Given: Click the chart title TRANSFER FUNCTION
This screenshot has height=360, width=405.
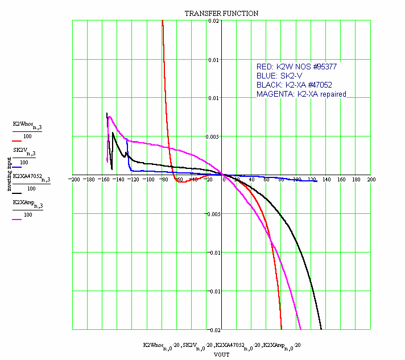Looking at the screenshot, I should click(x=221, y=13).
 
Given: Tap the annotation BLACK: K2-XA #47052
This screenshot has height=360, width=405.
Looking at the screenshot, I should click(x=294, y=85).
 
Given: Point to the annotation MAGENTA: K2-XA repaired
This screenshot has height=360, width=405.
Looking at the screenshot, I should click(x=301, y=94).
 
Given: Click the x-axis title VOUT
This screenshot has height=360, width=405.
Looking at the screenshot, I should click(x=221, y=354).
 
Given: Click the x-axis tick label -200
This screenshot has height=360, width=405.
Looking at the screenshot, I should click(x=74, y=180).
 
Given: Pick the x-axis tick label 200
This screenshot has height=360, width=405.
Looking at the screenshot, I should click(x=371, y=180).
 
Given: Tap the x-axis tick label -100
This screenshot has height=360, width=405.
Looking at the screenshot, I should click(x=148, y=180).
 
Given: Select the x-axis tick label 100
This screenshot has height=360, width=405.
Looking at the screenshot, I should click(x=296, y=180).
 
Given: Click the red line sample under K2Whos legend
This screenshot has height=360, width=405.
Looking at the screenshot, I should click(x=18, y=140).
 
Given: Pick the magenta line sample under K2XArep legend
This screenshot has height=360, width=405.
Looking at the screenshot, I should click(x=18, y=220).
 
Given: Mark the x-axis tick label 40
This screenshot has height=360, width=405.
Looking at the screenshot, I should click(x=252, y=180).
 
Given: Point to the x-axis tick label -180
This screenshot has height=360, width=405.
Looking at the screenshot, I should click(x=89, y=180).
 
